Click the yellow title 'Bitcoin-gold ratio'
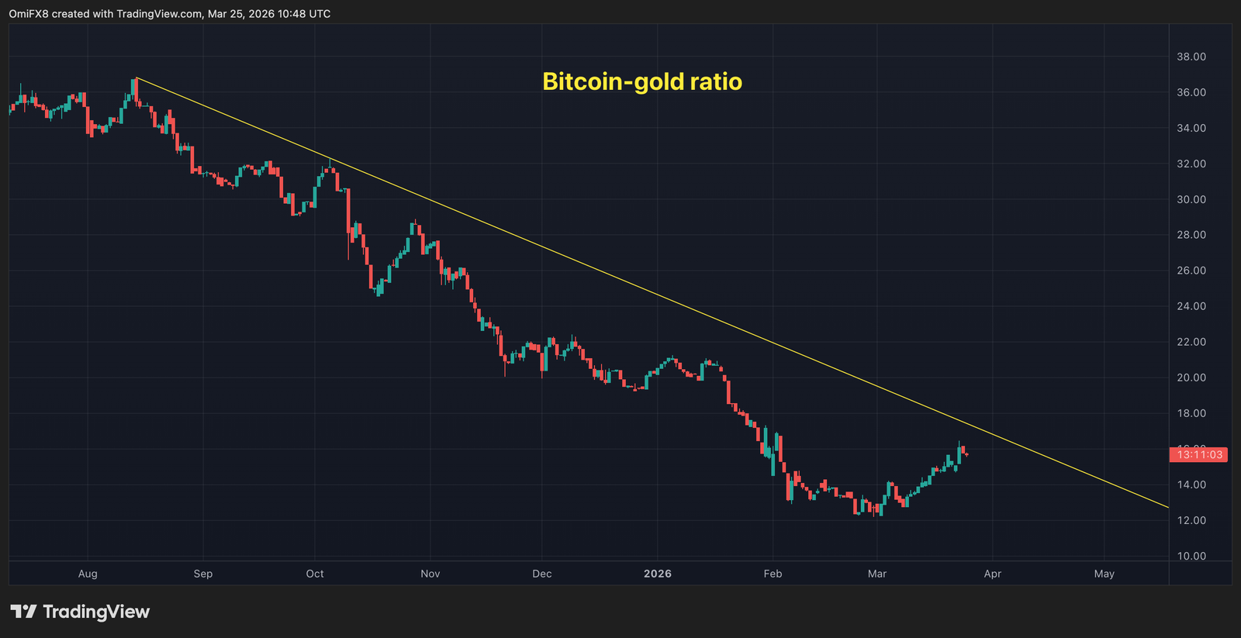[x=641, y=81]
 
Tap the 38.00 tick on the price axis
[x=1191, y=57]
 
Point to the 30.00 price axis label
[x=1191, y=199]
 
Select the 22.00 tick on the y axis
[x=1191, y=342]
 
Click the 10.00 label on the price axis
[x=1191, y=556]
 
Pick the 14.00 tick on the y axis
[x=1191, y=485]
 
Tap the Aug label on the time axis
[x=88, y=574]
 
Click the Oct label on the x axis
[x=315, y=574]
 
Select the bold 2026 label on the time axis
[x=657, y=574]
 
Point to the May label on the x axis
[x=1104, y=574]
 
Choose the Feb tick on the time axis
[x=773, y=574]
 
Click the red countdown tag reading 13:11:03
[x=1198, y=455]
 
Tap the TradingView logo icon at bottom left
[x=23, y=612]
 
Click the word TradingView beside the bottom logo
[x=96, y=612]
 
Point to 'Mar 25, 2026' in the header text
[x=240, y=14]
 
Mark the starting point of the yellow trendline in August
[x=136, y=78]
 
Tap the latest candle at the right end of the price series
[x=966, y=454]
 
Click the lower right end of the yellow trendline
[x=1167, y=507]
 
